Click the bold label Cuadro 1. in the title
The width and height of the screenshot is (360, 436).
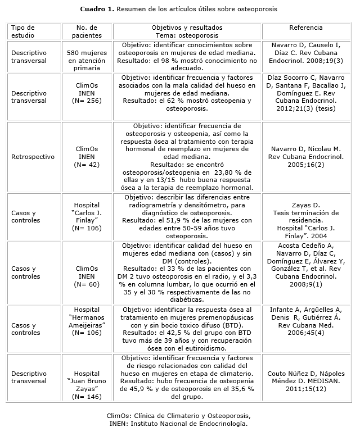point(101,10)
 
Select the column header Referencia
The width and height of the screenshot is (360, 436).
point(305,28)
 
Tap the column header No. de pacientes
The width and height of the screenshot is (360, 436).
point(87,31)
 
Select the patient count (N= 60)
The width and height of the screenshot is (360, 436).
point(87,284)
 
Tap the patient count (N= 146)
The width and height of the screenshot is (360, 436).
point(87,396)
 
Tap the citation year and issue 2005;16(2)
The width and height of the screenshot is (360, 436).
point(305,165)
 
